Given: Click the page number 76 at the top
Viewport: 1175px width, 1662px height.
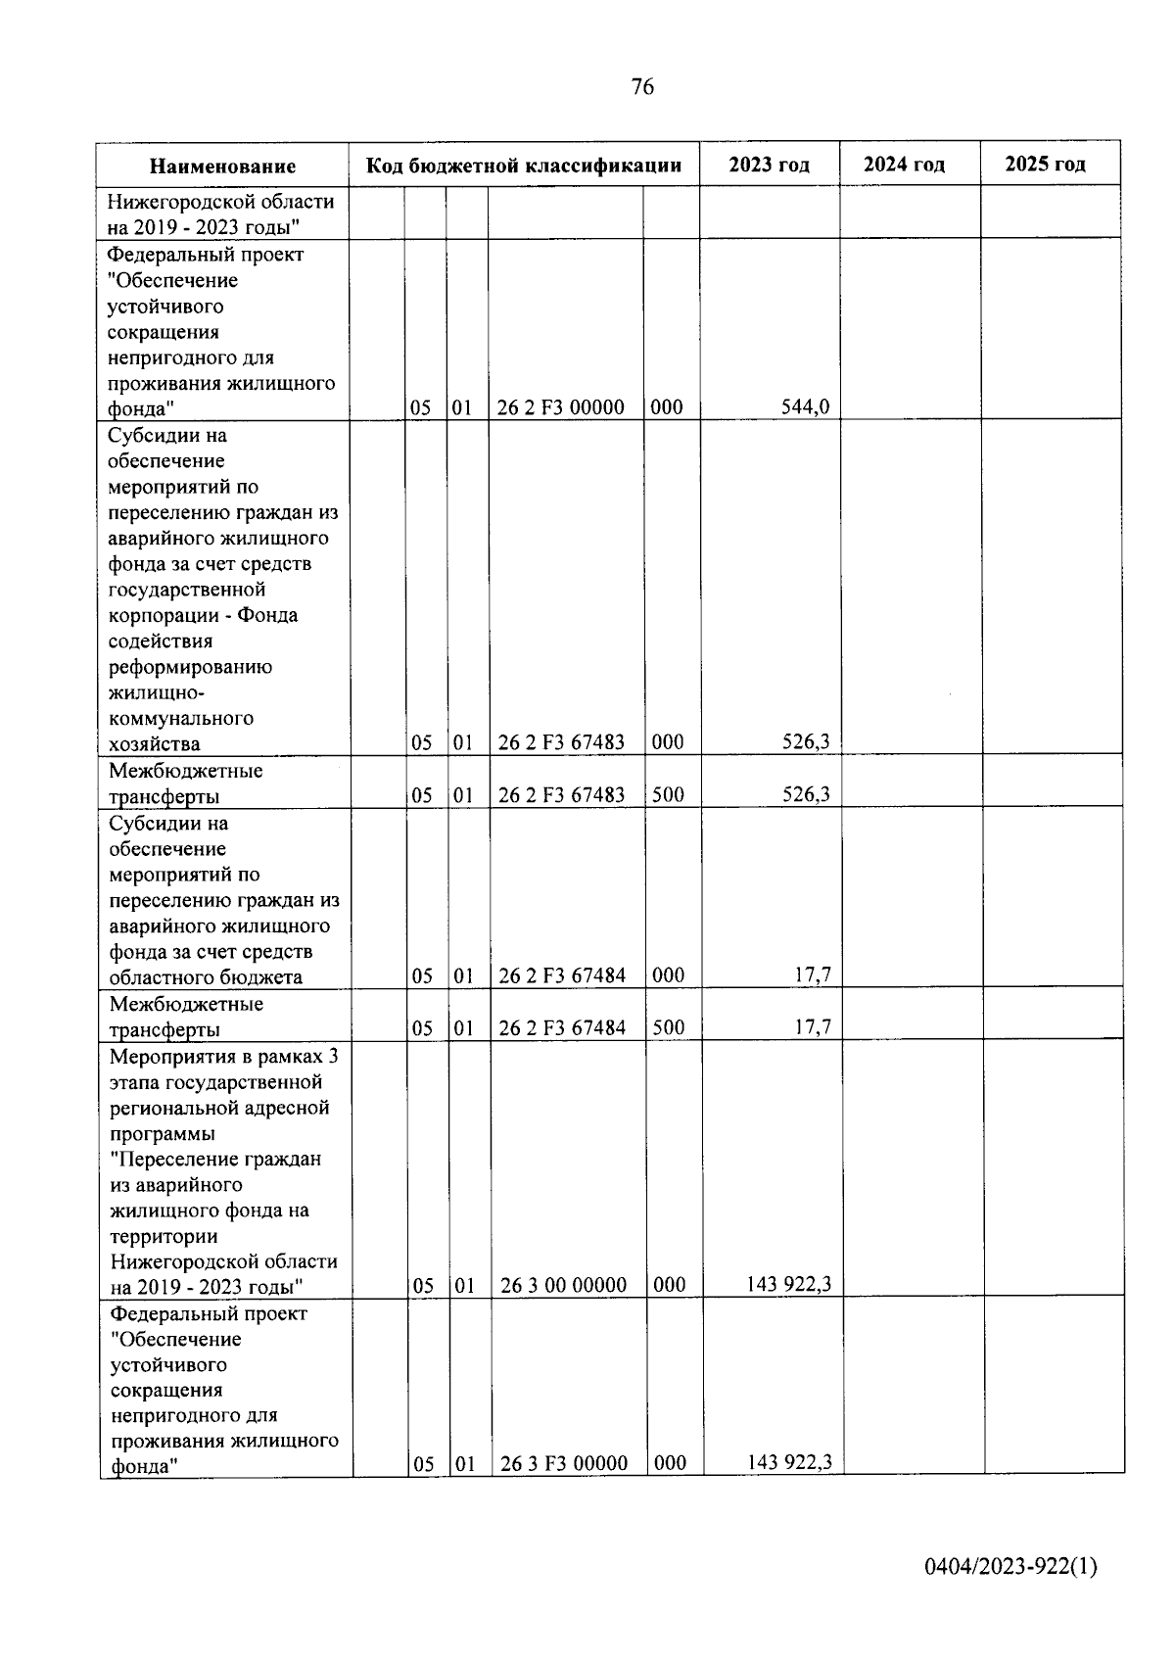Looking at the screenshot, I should pos(642,87).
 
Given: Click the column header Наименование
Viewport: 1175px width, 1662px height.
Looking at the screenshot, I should pos(222,166).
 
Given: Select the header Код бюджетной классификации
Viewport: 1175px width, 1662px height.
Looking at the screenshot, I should pos(524,166).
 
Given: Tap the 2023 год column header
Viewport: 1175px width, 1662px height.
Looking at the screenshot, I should pos(769,165).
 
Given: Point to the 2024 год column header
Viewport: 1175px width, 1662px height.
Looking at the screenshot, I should pos(904,165).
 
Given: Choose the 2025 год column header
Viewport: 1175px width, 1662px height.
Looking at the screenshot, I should pos(1045,165).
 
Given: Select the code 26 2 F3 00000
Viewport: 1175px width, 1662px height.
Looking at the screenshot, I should pos(560,407).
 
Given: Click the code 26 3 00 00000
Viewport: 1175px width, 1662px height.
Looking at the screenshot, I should pos(563,1285).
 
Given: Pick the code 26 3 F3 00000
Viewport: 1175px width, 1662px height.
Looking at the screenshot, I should pos(563,1463).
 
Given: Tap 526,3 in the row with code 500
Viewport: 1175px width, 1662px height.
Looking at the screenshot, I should pos(805,794).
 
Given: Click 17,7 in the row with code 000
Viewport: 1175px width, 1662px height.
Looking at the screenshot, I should pos(813,975).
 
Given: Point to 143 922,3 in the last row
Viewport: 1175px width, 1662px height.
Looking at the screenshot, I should pos(789,1462).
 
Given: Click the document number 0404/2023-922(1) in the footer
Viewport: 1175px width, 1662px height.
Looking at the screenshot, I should pos(1010,1567).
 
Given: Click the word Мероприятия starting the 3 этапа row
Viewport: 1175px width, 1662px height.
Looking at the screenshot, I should pos(168,1057).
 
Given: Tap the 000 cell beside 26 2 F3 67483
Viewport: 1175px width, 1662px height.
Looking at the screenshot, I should pos(668,742).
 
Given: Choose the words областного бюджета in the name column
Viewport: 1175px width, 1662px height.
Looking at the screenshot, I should pos(206,977).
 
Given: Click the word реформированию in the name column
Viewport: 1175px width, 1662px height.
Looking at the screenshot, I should pos(190,667).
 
